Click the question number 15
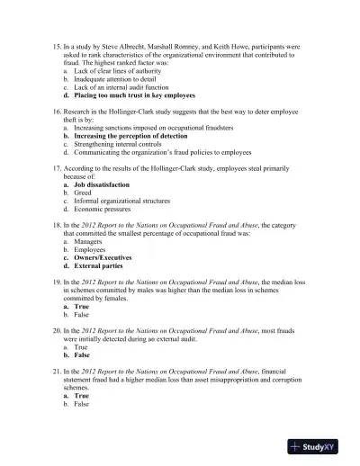tap(57, 42)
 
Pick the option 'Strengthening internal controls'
tap(116, 143)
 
